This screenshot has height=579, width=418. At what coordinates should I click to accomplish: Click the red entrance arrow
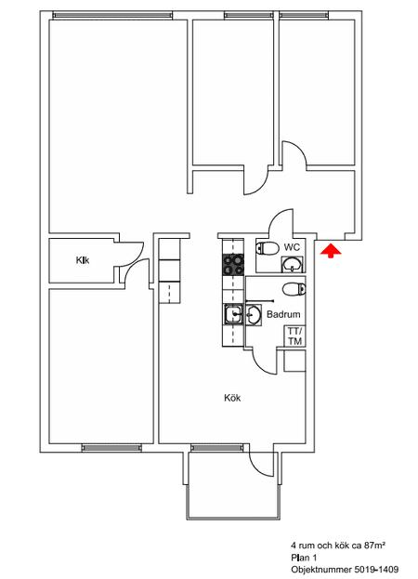tap(331, 251)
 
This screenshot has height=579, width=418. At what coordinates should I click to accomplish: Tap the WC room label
tap(292, 247)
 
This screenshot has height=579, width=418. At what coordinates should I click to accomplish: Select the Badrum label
tap(283, 314)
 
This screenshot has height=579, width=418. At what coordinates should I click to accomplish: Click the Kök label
tap(232, 398)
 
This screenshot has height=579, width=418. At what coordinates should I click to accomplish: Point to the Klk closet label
tap(83, 260)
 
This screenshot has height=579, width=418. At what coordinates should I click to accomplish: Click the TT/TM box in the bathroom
tap(294, 336)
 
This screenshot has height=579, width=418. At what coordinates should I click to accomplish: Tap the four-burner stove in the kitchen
tap(233, 265)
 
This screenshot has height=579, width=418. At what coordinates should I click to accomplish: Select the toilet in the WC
tap(268, 248)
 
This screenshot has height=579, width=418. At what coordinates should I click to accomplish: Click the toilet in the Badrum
tap(294, 289)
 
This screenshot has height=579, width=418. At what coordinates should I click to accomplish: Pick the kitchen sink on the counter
tap(233, 315)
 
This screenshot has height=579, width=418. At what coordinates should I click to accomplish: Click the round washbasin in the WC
tap(293, 264)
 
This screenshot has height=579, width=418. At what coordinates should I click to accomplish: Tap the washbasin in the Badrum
tap(254, 315)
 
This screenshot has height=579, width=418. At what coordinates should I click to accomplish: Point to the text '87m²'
tap(375, 545)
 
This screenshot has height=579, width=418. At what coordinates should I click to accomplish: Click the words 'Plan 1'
tap(304, 558)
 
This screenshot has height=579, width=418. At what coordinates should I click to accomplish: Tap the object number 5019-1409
tap(376, 570)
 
